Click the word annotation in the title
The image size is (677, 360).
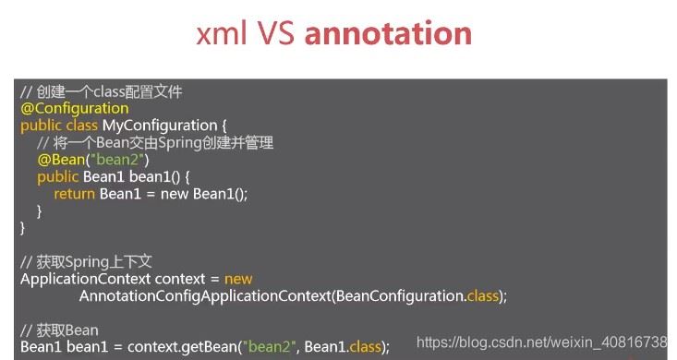388,33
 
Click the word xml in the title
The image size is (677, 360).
222,33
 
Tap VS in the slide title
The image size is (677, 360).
277,33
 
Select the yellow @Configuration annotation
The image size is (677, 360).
74,108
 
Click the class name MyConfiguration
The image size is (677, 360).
159,126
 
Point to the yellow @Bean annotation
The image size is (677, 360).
61,160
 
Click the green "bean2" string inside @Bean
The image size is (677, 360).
117,160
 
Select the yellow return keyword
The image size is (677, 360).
74,194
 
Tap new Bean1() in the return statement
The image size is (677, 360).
204,194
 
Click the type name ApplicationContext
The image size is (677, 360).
85,280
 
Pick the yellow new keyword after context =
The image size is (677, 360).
238,280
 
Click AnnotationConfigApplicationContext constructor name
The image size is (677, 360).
205,296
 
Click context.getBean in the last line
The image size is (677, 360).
182,347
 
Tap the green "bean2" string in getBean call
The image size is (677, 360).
270,347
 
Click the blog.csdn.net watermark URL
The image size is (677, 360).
542,342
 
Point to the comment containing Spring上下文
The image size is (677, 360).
86,262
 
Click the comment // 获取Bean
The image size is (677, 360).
59,330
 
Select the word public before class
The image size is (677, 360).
41,126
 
